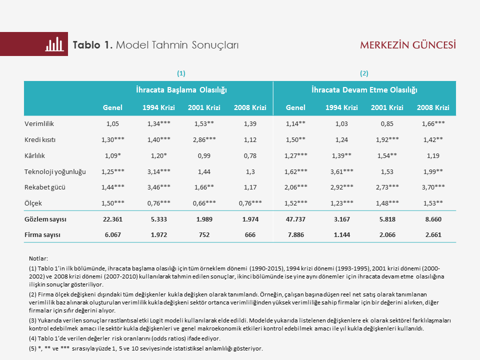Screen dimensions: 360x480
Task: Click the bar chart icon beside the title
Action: [54, 44]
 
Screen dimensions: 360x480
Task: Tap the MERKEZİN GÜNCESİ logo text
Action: [408, 45]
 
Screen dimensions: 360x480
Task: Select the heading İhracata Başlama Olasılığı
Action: [181, 90]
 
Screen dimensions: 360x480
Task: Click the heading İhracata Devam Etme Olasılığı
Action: [364, 90]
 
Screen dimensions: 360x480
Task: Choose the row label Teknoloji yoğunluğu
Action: [55, 171]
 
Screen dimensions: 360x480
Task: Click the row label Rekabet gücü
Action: [45, 187]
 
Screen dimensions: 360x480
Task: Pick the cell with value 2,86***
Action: [204, 139]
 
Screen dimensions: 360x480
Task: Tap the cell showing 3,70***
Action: [432, 187]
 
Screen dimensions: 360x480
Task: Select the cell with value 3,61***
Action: [341, 171]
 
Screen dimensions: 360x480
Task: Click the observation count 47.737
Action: [295, 219]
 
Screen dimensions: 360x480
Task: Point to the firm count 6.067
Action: [112, 234]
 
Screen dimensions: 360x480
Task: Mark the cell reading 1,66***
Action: [432, 123]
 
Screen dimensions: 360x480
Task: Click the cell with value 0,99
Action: [204, 155]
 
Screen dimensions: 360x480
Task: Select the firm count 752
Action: [204, 234]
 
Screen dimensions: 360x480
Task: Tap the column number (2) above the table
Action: [364, 73]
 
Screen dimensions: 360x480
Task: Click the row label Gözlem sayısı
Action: [45, 219]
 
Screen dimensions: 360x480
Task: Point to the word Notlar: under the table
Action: [38, 258]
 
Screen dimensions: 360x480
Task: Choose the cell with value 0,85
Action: [387, 123]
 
